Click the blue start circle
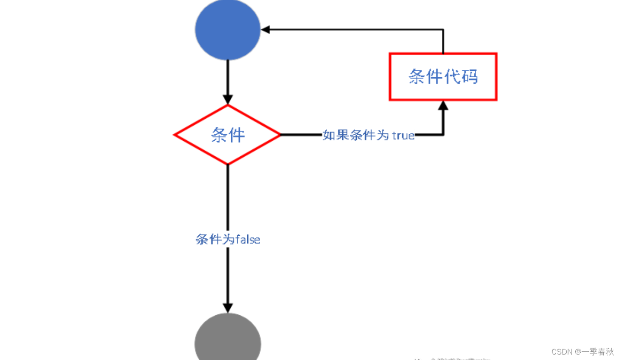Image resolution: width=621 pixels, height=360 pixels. (x=228, y=30)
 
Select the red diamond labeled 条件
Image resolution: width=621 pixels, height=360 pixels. (x=228, y=135)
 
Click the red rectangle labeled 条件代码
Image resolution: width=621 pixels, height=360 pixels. (x=443, y=77)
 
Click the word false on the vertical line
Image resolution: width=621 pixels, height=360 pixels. (x=247, y=239)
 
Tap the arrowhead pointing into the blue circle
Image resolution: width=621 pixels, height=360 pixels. (x=265, y=30)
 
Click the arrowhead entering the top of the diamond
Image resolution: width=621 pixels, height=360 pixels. (x=228, y=100)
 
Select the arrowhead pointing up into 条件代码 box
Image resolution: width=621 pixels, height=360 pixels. (x=443, y=106)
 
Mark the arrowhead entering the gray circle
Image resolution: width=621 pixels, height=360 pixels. (x=228, y=308)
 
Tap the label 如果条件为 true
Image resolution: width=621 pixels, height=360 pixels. (x=368, y=135)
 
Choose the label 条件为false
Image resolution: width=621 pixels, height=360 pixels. (x=228, y=239)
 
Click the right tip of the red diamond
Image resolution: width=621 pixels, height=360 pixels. (x=279, y=135)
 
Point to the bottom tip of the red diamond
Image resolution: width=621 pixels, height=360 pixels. (x=228, y=164)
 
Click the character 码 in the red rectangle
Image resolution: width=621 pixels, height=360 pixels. (x=470, y=77)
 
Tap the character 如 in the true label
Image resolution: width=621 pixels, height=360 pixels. (x=329, y=135)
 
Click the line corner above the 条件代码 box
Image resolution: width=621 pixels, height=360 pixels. (x=443, y=30)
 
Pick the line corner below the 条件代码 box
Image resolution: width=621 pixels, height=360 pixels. (x=443, y=135)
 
